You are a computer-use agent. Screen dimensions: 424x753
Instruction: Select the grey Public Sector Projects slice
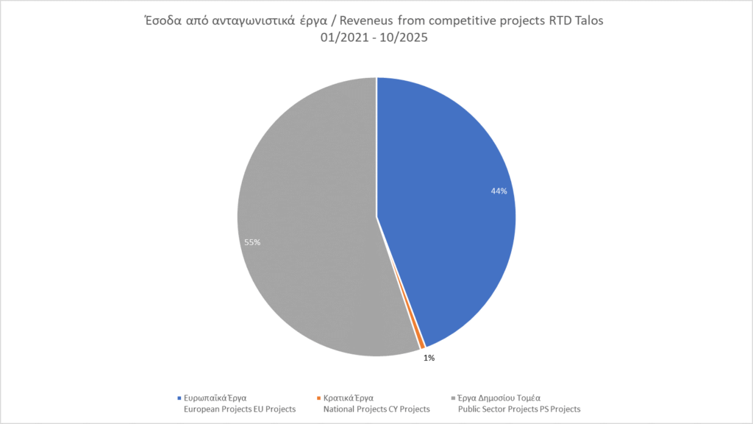[309, 221]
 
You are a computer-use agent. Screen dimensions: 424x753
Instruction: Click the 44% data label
[499, 191]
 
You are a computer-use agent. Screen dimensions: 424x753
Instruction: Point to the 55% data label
[252, 241]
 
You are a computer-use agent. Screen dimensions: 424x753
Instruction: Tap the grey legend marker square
[452, 398]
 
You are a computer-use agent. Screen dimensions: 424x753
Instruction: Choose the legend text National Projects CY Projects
[376, 409]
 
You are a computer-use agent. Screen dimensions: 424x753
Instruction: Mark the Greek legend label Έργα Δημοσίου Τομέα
[499, 398]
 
